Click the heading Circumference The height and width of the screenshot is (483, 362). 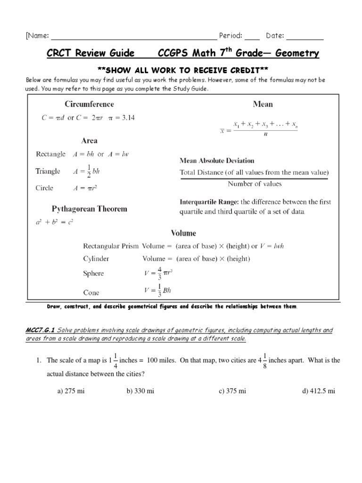click(x=89, y=104)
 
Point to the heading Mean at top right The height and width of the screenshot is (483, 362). click(x=263, y=104)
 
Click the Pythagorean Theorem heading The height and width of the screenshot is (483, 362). click(x=89, y=208)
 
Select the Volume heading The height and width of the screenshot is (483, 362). click(x=183, y=233)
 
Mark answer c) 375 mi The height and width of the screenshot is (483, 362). click(x=232, y=391)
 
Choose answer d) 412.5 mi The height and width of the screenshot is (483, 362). click(x=318, y=391)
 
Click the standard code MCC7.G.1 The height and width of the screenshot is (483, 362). click(x=41, y=331)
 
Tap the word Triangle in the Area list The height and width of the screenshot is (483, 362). click(x=48, y=171)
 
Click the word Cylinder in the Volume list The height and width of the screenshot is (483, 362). click(x=96, y=258)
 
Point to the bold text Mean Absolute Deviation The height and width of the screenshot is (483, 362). click(x=217, y=160)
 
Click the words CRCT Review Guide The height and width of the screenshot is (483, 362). click(x=90, y=53)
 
